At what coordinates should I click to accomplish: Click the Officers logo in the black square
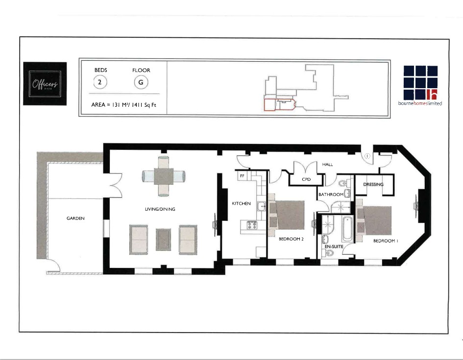45,84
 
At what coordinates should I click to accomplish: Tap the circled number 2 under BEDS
100,82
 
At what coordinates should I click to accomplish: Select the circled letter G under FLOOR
141,82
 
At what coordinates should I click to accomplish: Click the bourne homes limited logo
420,86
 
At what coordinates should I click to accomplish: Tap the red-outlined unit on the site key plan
270,104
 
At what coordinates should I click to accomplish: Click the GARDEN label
75,218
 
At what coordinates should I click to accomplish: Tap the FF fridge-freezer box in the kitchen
242,175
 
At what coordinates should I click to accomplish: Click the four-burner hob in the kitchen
251,225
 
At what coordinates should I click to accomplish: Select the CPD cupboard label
306,180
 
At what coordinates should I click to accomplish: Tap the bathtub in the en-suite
347,229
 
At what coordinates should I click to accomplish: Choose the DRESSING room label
373,185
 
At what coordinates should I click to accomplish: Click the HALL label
327,165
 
